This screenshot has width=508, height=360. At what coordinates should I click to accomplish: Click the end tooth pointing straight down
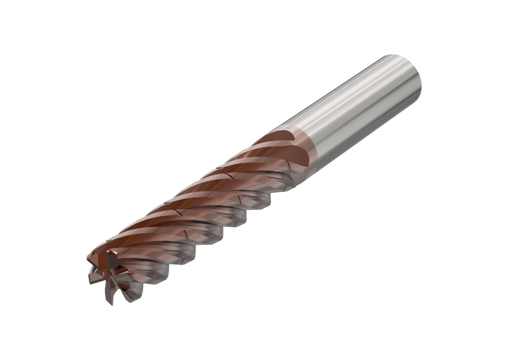coord(110,296)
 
